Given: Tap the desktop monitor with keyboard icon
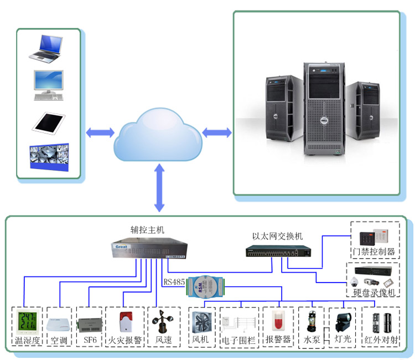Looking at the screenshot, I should coord(49,85).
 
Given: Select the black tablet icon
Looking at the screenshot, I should coord(49,122).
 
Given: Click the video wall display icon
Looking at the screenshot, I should coord(49,158).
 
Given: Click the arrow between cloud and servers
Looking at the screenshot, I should coord(217,132).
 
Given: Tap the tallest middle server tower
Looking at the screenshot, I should coord(324,109).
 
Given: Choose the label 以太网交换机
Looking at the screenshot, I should coord(277,236).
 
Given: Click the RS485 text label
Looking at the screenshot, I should coord(174,282).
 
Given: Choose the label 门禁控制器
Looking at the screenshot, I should coord(375,251).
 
